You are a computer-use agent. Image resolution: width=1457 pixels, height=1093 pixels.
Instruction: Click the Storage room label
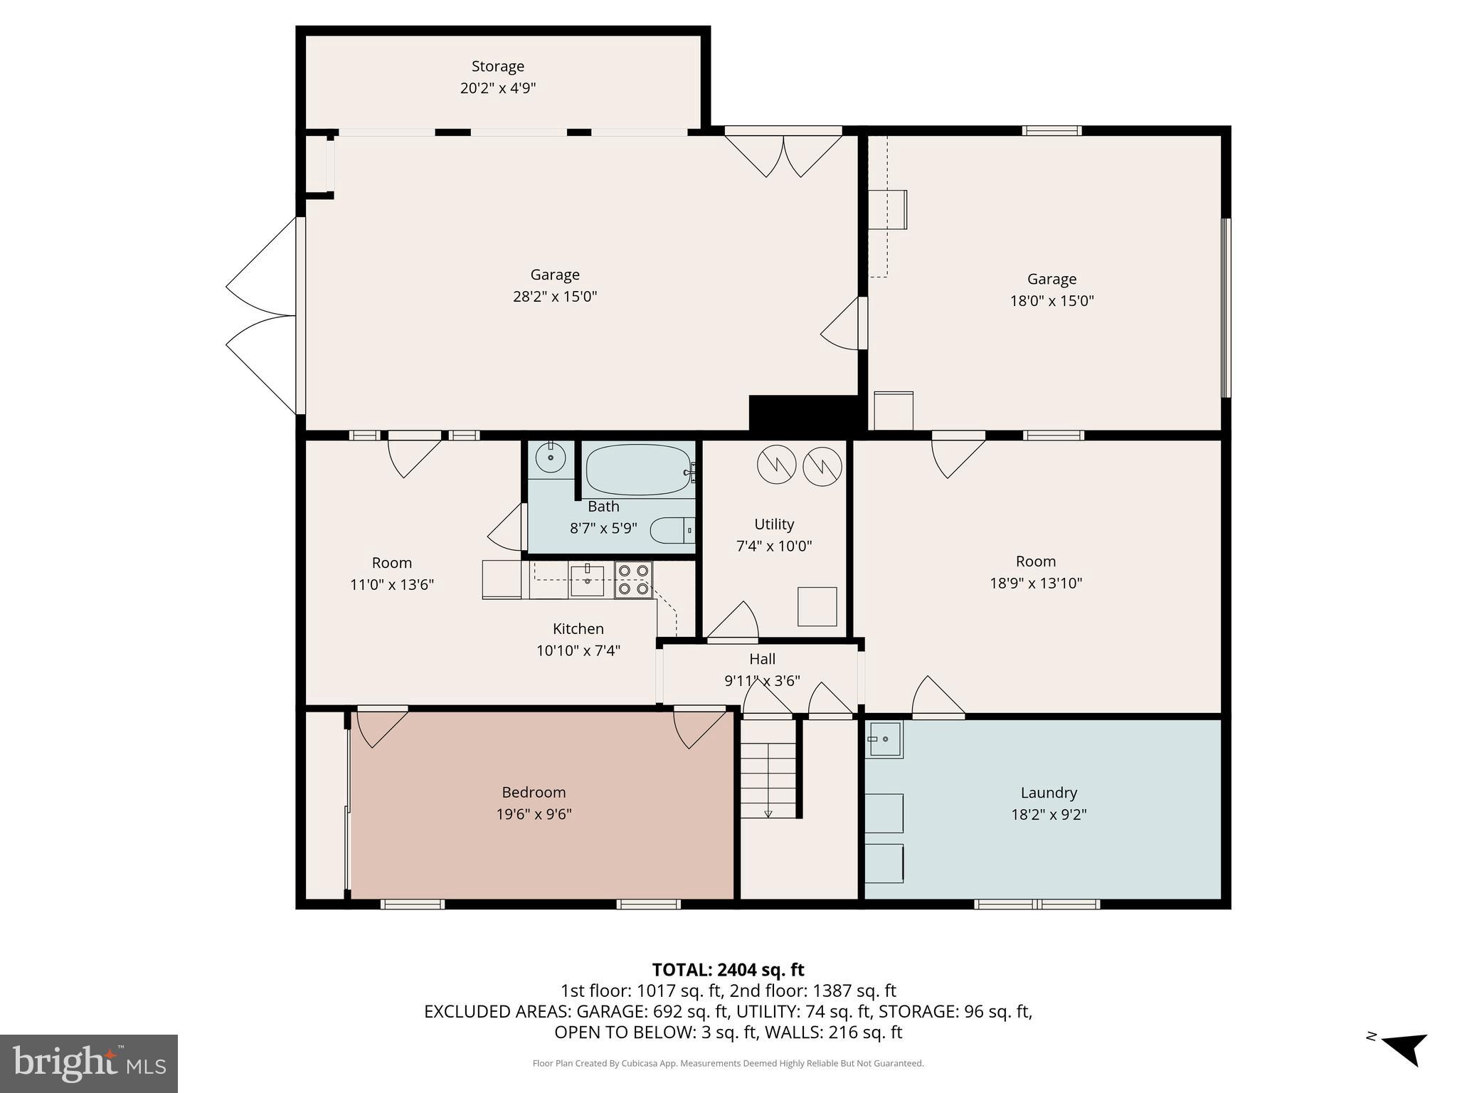click(x=497, y=66)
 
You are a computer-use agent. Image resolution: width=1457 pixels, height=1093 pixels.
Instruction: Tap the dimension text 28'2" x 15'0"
click(x=554, y=297)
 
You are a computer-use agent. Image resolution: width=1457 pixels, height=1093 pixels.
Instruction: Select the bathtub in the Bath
click(x=638, y=470)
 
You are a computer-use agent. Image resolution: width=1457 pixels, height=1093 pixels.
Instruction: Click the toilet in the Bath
click(x=672, y=531)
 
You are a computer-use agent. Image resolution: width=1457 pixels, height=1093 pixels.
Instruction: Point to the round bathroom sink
click(x=551, y=458)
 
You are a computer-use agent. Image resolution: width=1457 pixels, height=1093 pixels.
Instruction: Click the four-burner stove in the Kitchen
click(x=633, y=579)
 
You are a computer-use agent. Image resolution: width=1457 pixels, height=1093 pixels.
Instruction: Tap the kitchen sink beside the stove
click(x=587, y=580)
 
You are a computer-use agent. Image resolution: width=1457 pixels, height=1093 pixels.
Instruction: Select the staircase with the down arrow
click(x=768, y=779)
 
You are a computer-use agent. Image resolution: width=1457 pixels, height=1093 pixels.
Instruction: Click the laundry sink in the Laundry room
click(x=884, y=740)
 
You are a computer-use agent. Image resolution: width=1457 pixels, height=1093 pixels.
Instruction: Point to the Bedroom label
click(x=534, y=792)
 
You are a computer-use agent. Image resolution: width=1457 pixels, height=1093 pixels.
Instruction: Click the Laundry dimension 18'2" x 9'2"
click(x=1049, y=815)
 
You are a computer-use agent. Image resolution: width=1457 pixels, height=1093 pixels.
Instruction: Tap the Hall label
click(x=762, y=659)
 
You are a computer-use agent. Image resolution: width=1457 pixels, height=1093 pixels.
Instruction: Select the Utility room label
click(x=774, y=524)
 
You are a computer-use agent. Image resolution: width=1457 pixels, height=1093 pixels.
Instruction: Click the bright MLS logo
click(x=89, y=1063)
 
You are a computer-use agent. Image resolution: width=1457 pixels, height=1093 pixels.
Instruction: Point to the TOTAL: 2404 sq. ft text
click(x=728, y=970)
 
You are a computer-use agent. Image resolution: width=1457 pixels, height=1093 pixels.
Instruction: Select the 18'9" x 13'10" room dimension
click(x=1035, y=584)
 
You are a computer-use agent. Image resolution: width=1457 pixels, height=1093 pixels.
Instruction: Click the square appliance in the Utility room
click(x=817, y=606)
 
